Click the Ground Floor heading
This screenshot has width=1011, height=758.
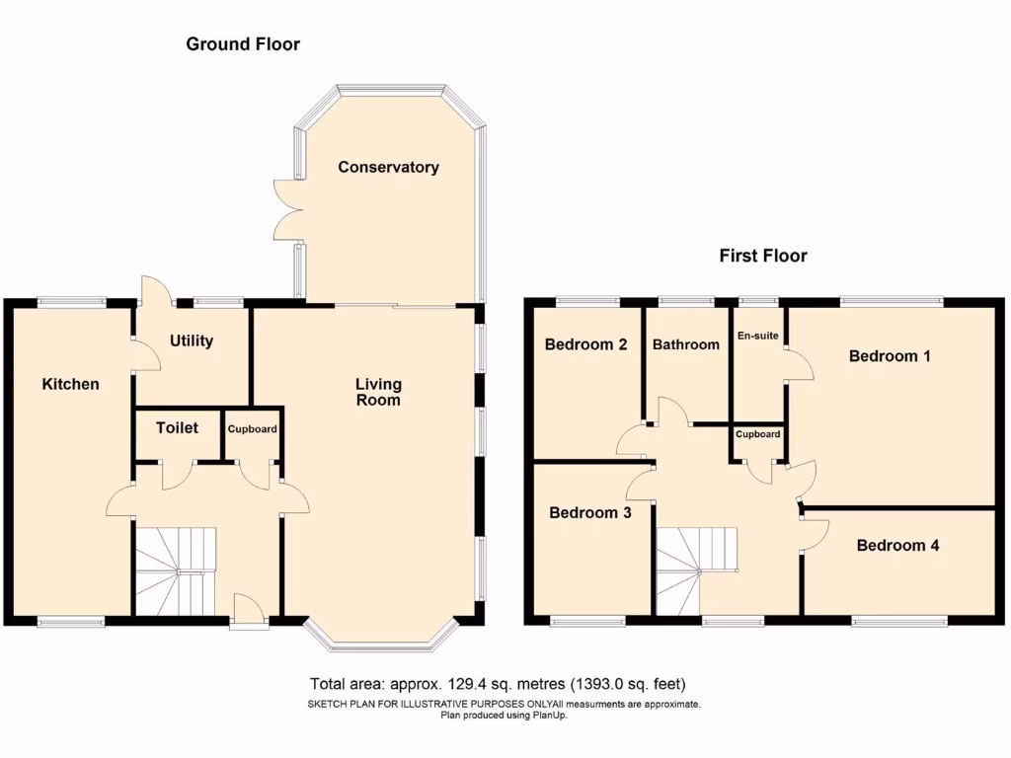(243, 44)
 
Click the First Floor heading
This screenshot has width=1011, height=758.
(763, 257)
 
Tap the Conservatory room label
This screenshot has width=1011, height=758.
(388, 168)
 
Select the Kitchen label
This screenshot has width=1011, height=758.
(70, 384)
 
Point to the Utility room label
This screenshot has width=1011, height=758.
(192, 341)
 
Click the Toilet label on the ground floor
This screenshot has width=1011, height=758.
(178, 428)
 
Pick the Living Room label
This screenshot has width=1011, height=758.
(379, 392)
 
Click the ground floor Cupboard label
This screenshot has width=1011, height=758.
(253, 429)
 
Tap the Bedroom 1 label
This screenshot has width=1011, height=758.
(890, 356)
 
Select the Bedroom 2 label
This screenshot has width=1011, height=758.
(586, 345)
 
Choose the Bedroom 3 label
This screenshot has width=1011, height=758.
(589, 513)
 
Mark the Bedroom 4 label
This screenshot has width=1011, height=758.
(897, 546)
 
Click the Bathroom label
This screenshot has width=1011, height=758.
(685, 345)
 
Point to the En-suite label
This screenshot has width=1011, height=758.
(757, 337)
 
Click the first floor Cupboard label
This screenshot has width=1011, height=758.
(758, 434)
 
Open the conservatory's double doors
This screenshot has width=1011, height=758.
(287, 210)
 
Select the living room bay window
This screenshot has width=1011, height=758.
(380, 643)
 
